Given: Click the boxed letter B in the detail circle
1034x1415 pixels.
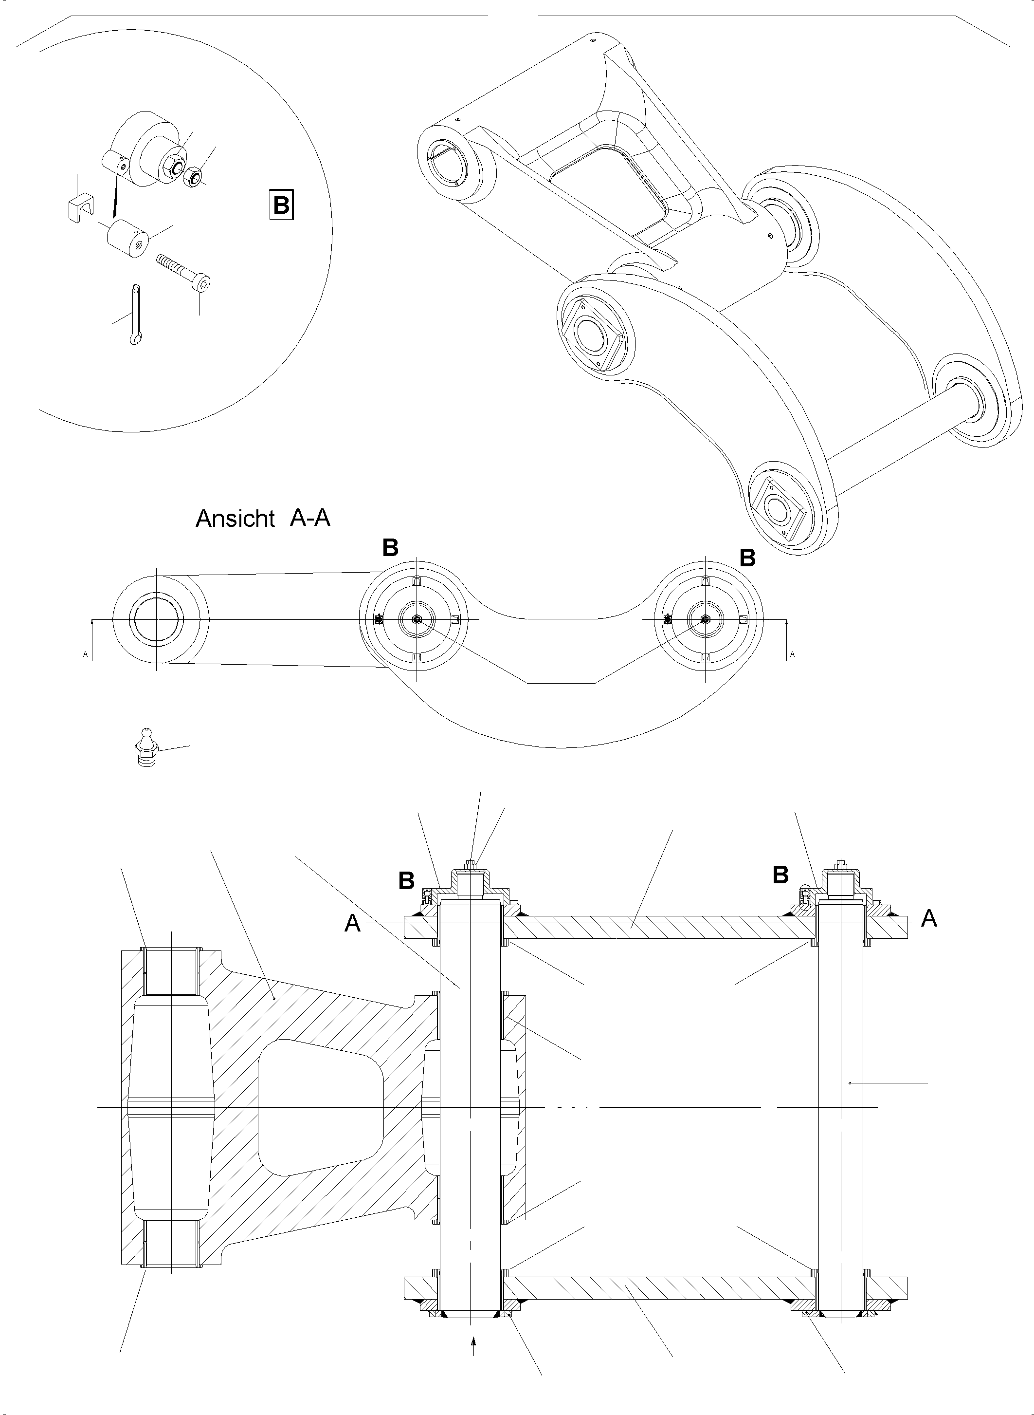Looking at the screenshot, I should [281, 204].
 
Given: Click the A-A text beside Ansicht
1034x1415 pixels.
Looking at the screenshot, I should [310, 518].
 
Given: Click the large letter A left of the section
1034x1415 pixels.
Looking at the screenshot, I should [353, 924].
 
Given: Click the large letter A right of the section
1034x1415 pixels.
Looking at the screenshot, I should [929, 918].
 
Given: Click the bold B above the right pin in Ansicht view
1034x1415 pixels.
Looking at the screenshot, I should [747, 558].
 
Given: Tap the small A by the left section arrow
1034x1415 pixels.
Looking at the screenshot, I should [85, 654].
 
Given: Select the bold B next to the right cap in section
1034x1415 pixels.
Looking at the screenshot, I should [780, 875].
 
